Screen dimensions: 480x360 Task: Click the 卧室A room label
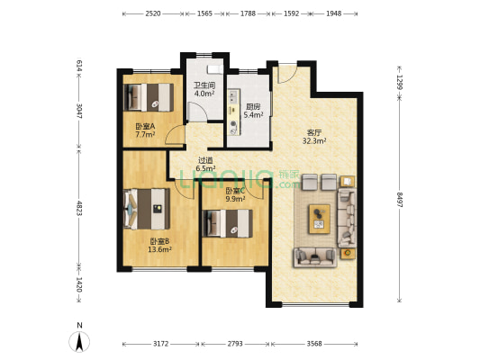tap(145, 126)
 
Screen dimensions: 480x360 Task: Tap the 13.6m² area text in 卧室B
tap(159, 249)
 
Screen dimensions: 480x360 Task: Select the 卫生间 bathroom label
tap(204, 85)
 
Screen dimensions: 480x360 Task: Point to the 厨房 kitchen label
tap(253, 107)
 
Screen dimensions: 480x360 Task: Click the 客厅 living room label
tap(314, 132)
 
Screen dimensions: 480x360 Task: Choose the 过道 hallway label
tap(205, 160)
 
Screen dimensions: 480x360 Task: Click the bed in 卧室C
tap(228, 223)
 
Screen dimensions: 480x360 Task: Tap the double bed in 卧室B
tap(147, 209)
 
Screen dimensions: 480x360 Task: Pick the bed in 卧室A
tap(149, 97)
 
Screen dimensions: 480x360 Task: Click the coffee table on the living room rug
tap(320, 219)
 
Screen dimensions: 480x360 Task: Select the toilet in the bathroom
tap(215, 69)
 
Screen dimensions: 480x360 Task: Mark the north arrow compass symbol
tap(79, 341)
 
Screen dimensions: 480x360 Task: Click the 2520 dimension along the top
tap(153, 13)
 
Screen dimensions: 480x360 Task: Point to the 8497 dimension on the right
tap(400, 200)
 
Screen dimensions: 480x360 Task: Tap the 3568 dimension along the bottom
tap(314, 344)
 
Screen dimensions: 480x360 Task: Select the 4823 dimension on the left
tap(79, 208)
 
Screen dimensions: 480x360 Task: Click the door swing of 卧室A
tap(175, 135)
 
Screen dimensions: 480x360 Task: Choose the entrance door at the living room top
tap(287, 74)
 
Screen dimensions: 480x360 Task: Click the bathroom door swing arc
tap(197, 112)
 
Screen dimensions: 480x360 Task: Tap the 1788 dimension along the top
tap(248, 13)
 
